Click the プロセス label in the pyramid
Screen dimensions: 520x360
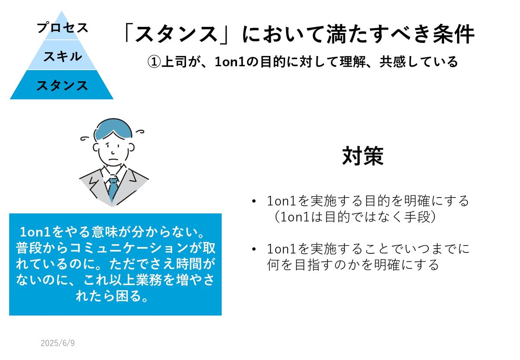[x=62, y=28]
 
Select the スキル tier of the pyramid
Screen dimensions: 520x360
[x=62, y=55]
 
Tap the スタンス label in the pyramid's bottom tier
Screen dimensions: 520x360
[x=62, y=85]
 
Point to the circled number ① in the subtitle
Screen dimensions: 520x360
[x=154, y=62]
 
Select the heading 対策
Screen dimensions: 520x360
[x=363, y=156]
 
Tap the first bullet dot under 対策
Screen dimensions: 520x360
[x=254, y=201]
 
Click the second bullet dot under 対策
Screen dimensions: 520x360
[x=254, y=249]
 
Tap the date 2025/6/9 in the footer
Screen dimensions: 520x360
[x=58, y=343]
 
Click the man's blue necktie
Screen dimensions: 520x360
[x=113, y=189]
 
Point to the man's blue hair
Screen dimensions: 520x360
[x=113, y=129]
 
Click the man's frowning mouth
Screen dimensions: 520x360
[x=114, y=159]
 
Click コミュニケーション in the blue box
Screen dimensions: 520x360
[x=129, y=248]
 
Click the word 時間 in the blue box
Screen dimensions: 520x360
[x=189, y=264]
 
